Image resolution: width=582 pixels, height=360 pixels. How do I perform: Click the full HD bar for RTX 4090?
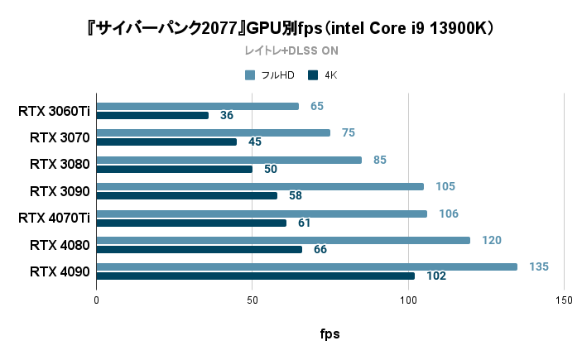[306, 266]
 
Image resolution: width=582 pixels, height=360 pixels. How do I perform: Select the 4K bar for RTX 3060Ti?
[152, 115]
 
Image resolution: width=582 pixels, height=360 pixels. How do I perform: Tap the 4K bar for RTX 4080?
[199, 249]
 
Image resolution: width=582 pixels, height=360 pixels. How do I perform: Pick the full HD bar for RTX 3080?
[228, 160]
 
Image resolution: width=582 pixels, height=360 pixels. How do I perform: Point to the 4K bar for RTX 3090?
[186, 195]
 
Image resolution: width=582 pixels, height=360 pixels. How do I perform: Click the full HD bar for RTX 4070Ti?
[262, 214]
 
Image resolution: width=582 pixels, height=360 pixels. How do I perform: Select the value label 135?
[539, 266]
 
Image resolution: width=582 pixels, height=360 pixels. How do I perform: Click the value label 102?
[436, 276]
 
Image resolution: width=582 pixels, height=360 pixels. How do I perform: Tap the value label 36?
[226, 115]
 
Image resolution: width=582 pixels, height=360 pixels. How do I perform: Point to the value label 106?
[449, 214]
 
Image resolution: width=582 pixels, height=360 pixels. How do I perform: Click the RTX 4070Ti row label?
[54, 218]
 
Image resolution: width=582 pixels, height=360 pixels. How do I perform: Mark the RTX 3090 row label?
[60, 191]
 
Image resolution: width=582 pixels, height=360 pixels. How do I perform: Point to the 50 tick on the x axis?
[253, 300]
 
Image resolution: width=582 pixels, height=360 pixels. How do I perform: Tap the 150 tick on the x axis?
[564, 300]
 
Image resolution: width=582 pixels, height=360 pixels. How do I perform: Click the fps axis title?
[329, 334]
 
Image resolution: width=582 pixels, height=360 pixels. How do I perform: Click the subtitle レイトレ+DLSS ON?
[291, 50]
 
